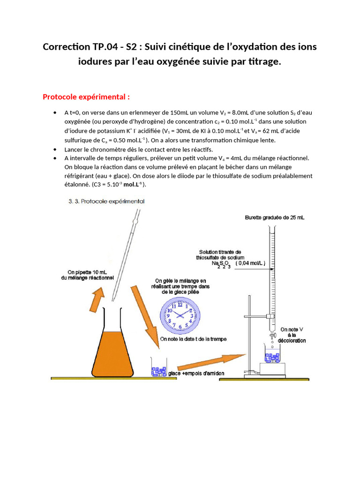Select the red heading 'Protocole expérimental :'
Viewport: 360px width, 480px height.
(x=86, y=97)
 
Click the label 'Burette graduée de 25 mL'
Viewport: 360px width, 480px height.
(x=274, y=217)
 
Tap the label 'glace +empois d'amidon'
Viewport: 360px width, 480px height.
(x=196, y=373)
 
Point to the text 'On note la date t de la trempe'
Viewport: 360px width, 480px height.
(x=193, y=338)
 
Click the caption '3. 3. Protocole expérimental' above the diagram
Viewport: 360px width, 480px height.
(x=105, y=202)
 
